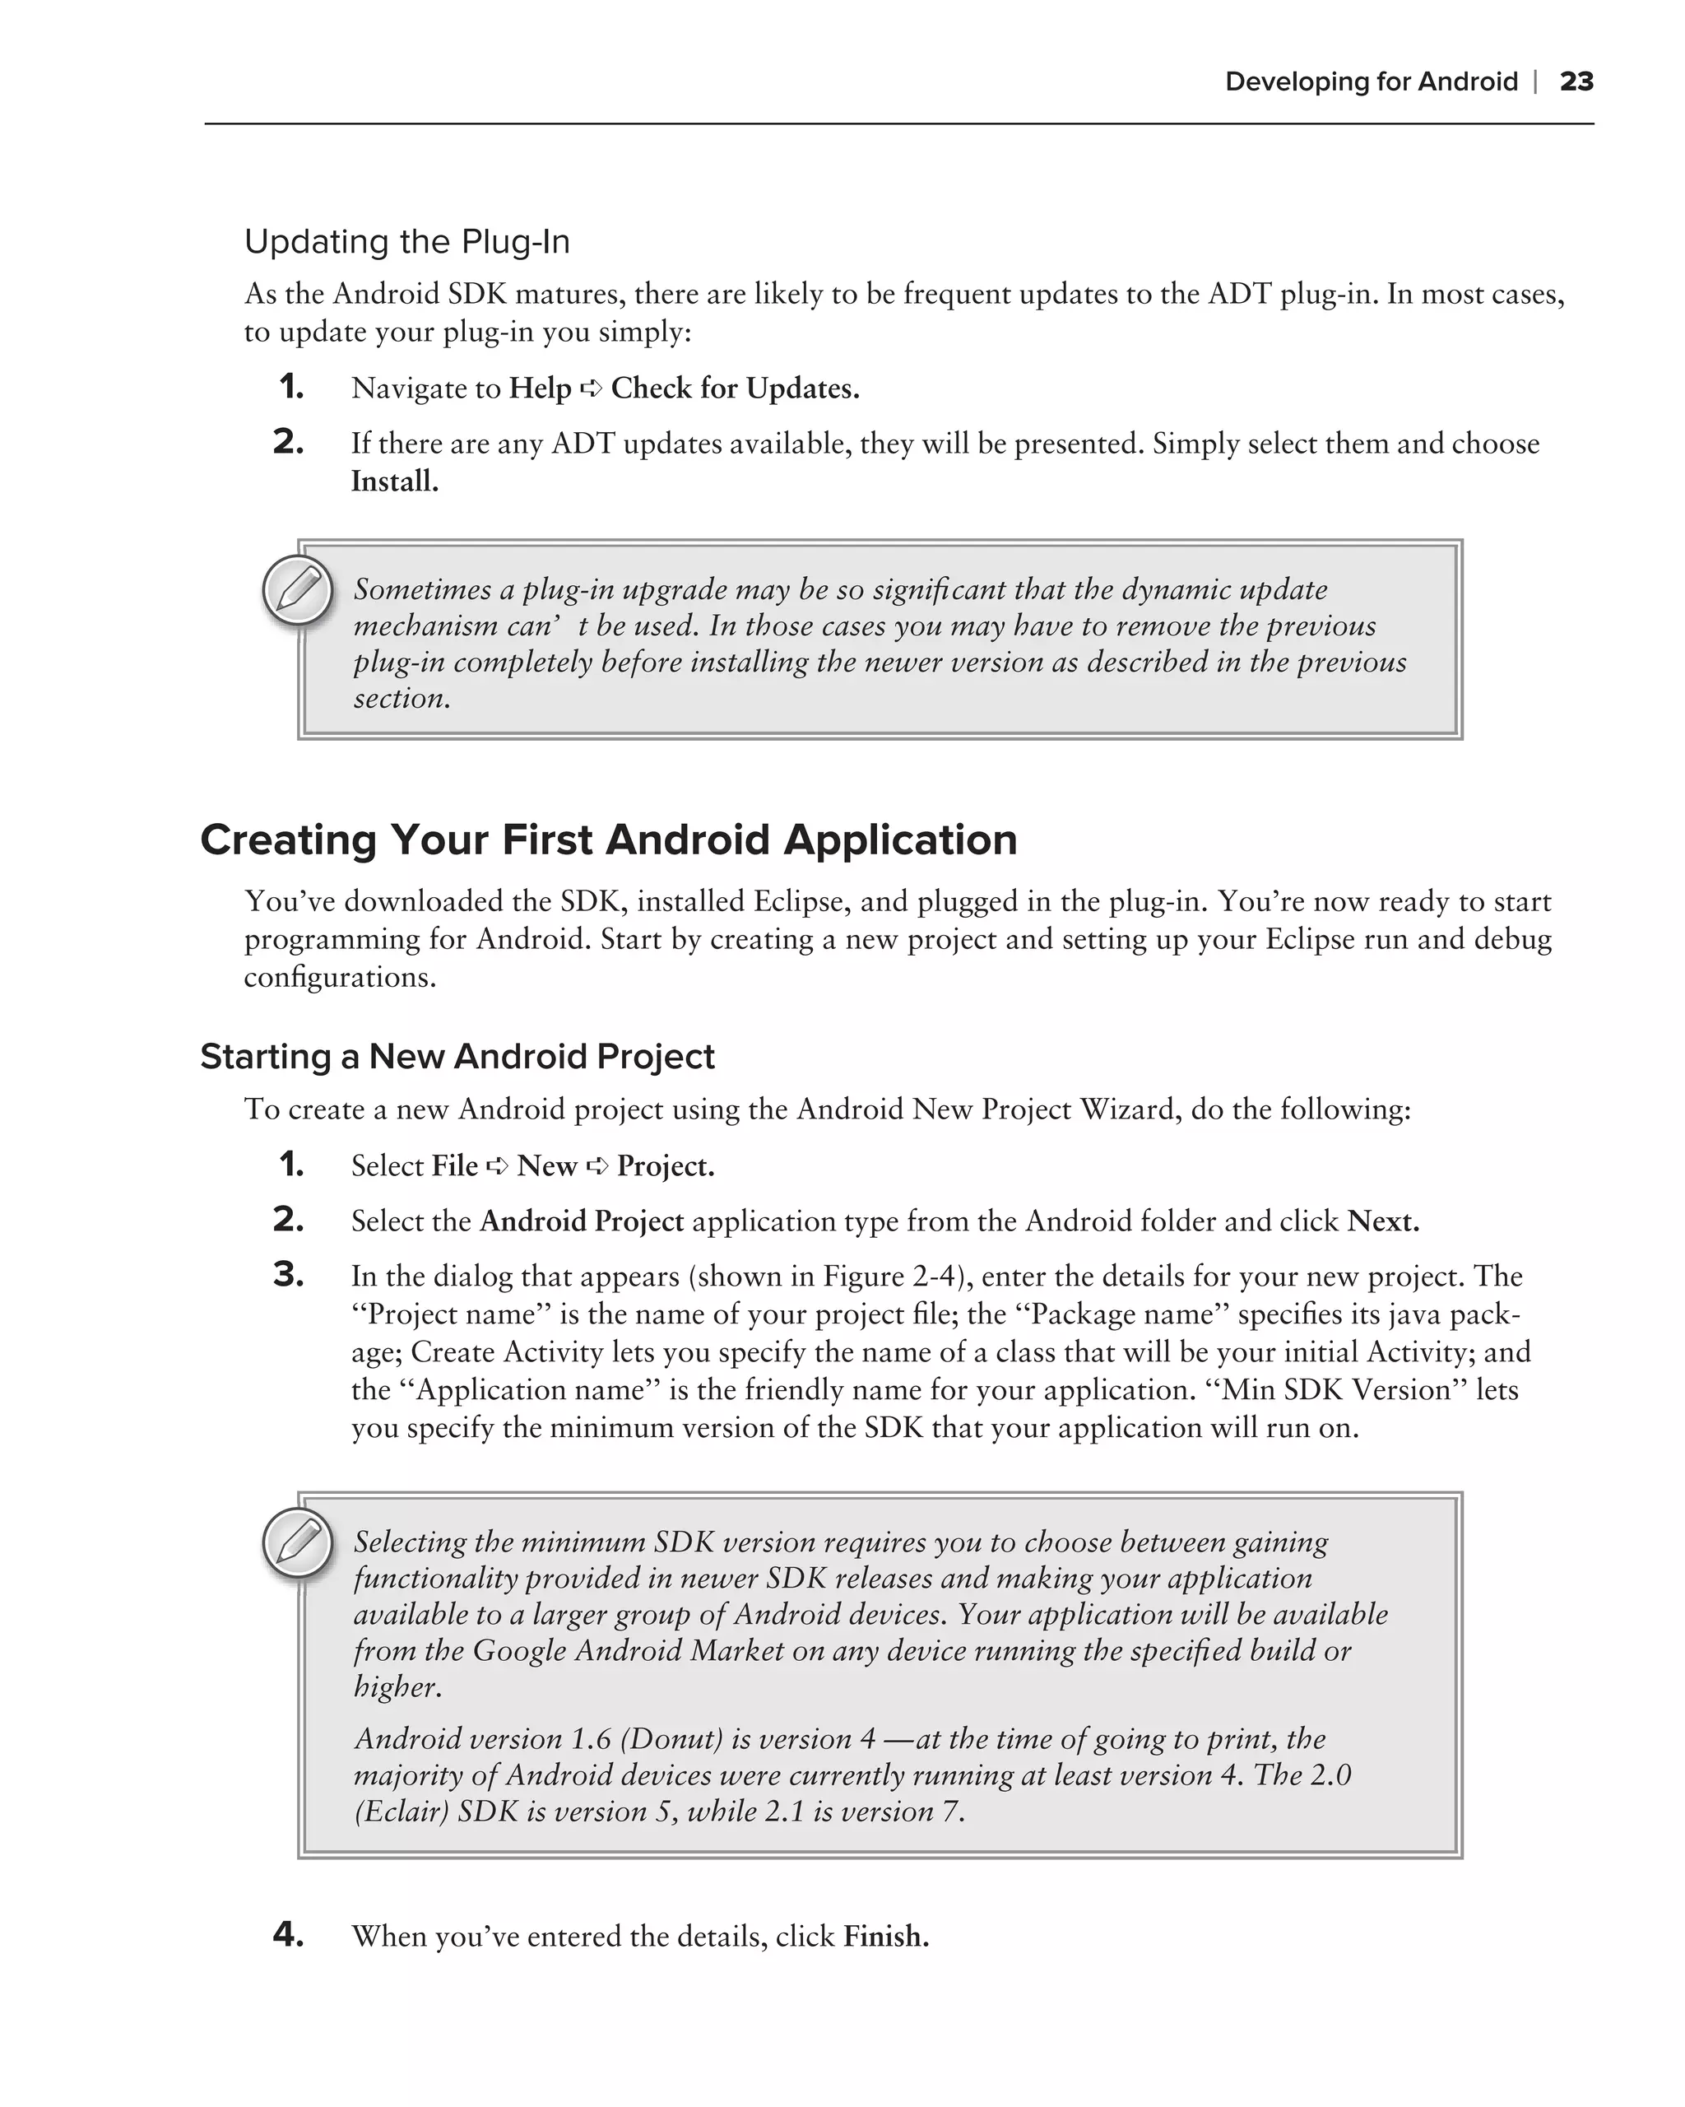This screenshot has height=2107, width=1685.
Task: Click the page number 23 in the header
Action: pos(1576,81)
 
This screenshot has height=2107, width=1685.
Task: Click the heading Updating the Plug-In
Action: pos(406,241)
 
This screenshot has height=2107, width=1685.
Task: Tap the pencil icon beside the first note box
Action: pos(298,590)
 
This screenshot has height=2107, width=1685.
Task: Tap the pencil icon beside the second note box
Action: pos(298,1543)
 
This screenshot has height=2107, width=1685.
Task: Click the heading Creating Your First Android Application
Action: pos(609,840)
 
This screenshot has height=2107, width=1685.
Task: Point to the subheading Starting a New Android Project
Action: pos(457,1057)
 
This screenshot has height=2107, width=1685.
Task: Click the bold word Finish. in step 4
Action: pos(886,1936)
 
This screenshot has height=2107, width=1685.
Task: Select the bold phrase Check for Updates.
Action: pos(735,389)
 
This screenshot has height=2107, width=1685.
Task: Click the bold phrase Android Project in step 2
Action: pos(581,1221)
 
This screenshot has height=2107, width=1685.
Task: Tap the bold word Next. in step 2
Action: pos(1382,1221)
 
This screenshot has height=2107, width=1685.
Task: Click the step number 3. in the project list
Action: pos(288,1276)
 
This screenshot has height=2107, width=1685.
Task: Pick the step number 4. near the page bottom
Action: pos(288,1934)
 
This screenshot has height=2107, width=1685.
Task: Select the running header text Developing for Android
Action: pos(1371,81)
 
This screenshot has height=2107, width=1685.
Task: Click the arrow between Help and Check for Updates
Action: pos(591,389)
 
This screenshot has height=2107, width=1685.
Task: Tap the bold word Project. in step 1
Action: pos(666,1166)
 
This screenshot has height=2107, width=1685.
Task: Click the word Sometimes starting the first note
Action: pos(422,589)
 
